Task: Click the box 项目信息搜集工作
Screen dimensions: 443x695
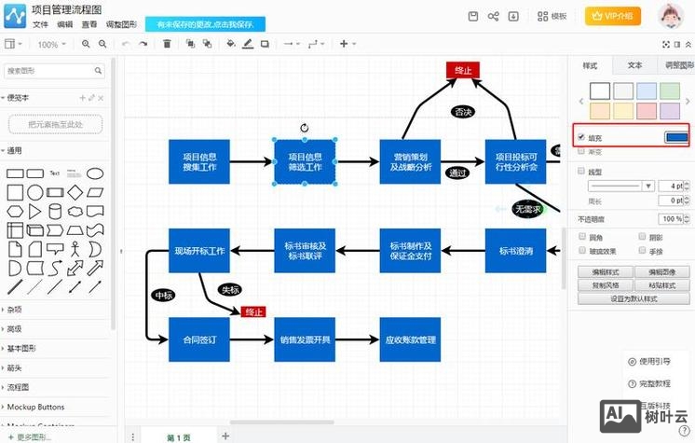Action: click(x=199, y=161)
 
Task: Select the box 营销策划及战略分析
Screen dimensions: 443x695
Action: click(x=411, y=161)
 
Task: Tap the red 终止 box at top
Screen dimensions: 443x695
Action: click(x=462, y=70)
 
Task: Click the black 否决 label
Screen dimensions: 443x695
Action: click(x=463, y=111)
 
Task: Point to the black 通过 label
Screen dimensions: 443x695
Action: click(x=457, y=173)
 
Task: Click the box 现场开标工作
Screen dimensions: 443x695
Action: click(x=199, y=250)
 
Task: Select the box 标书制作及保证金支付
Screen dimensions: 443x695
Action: click(x=411, y=250)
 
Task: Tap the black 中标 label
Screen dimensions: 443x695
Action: click(x=164, y=295)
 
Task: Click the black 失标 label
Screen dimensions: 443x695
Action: click(x=230, y=289)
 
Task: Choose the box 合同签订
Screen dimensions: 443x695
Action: click(x=199, y=339)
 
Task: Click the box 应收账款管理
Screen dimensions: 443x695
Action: click(x=411, y=339)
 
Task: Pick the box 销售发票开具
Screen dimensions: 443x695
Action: click(x=305, y=339)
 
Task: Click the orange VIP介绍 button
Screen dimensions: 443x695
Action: click(x=613, y=16)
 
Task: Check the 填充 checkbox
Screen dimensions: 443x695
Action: click(x=581, y=137)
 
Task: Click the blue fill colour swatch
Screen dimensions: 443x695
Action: click(x=675, y=137)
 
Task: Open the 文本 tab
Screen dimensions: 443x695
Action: click(x=634, y=66)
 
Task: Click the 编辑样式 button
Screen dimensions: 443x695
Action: click(x=605, y=272)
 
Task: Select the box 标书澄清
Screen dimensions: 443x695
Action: click(x=515, y=250)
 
